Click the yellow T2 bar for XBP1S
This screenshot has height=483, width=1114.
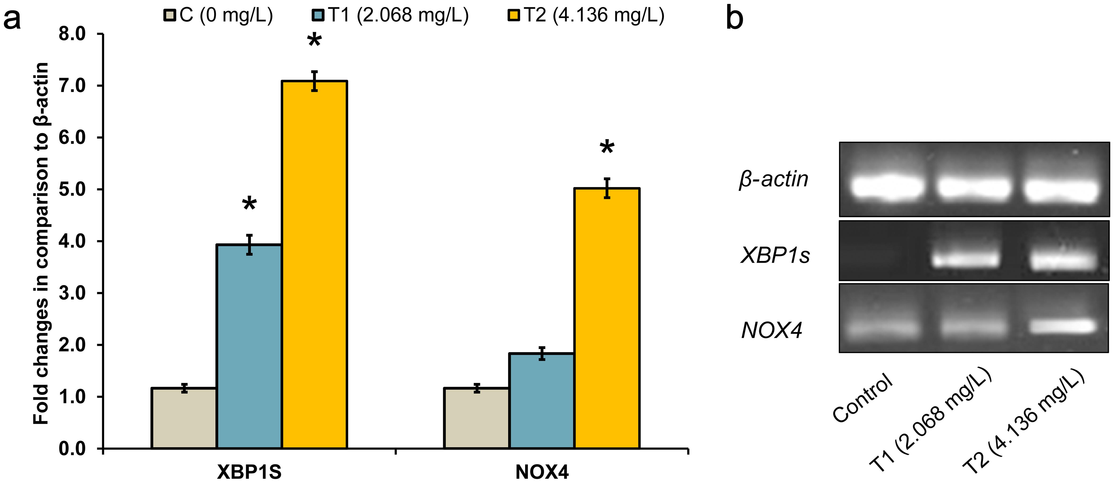coord(314,264)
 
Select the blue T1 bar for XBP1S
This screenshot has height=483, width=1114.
coord(249,346)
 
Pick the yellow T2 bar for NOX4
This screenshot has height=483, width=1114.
coord(607,318)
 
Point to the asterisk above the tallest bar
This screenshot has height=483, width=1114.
coord(314,43)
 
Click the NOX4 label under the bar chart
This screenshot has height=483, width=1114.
coord(542,472)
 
